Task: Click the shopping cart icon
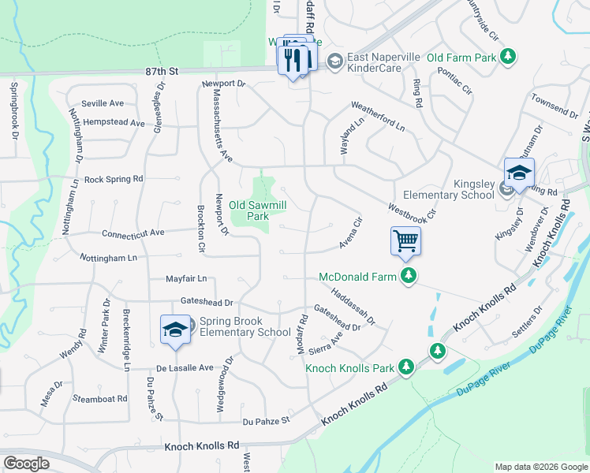click(405, 240)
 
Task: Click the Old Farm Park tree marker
click(510, 57)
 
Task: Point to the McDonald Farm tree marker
click(408, 276)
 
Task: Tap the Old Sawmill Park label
click(258, 210)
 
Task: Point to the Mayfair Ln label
click(185, 278)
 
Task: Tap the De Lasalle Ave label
click(185, 367)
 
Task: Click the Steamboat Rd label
click(99, 399)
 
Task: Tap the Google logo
click(26, 464)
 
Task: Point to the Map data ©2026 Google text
click(540, 467)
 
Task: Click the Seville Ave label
click(104, 103)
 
